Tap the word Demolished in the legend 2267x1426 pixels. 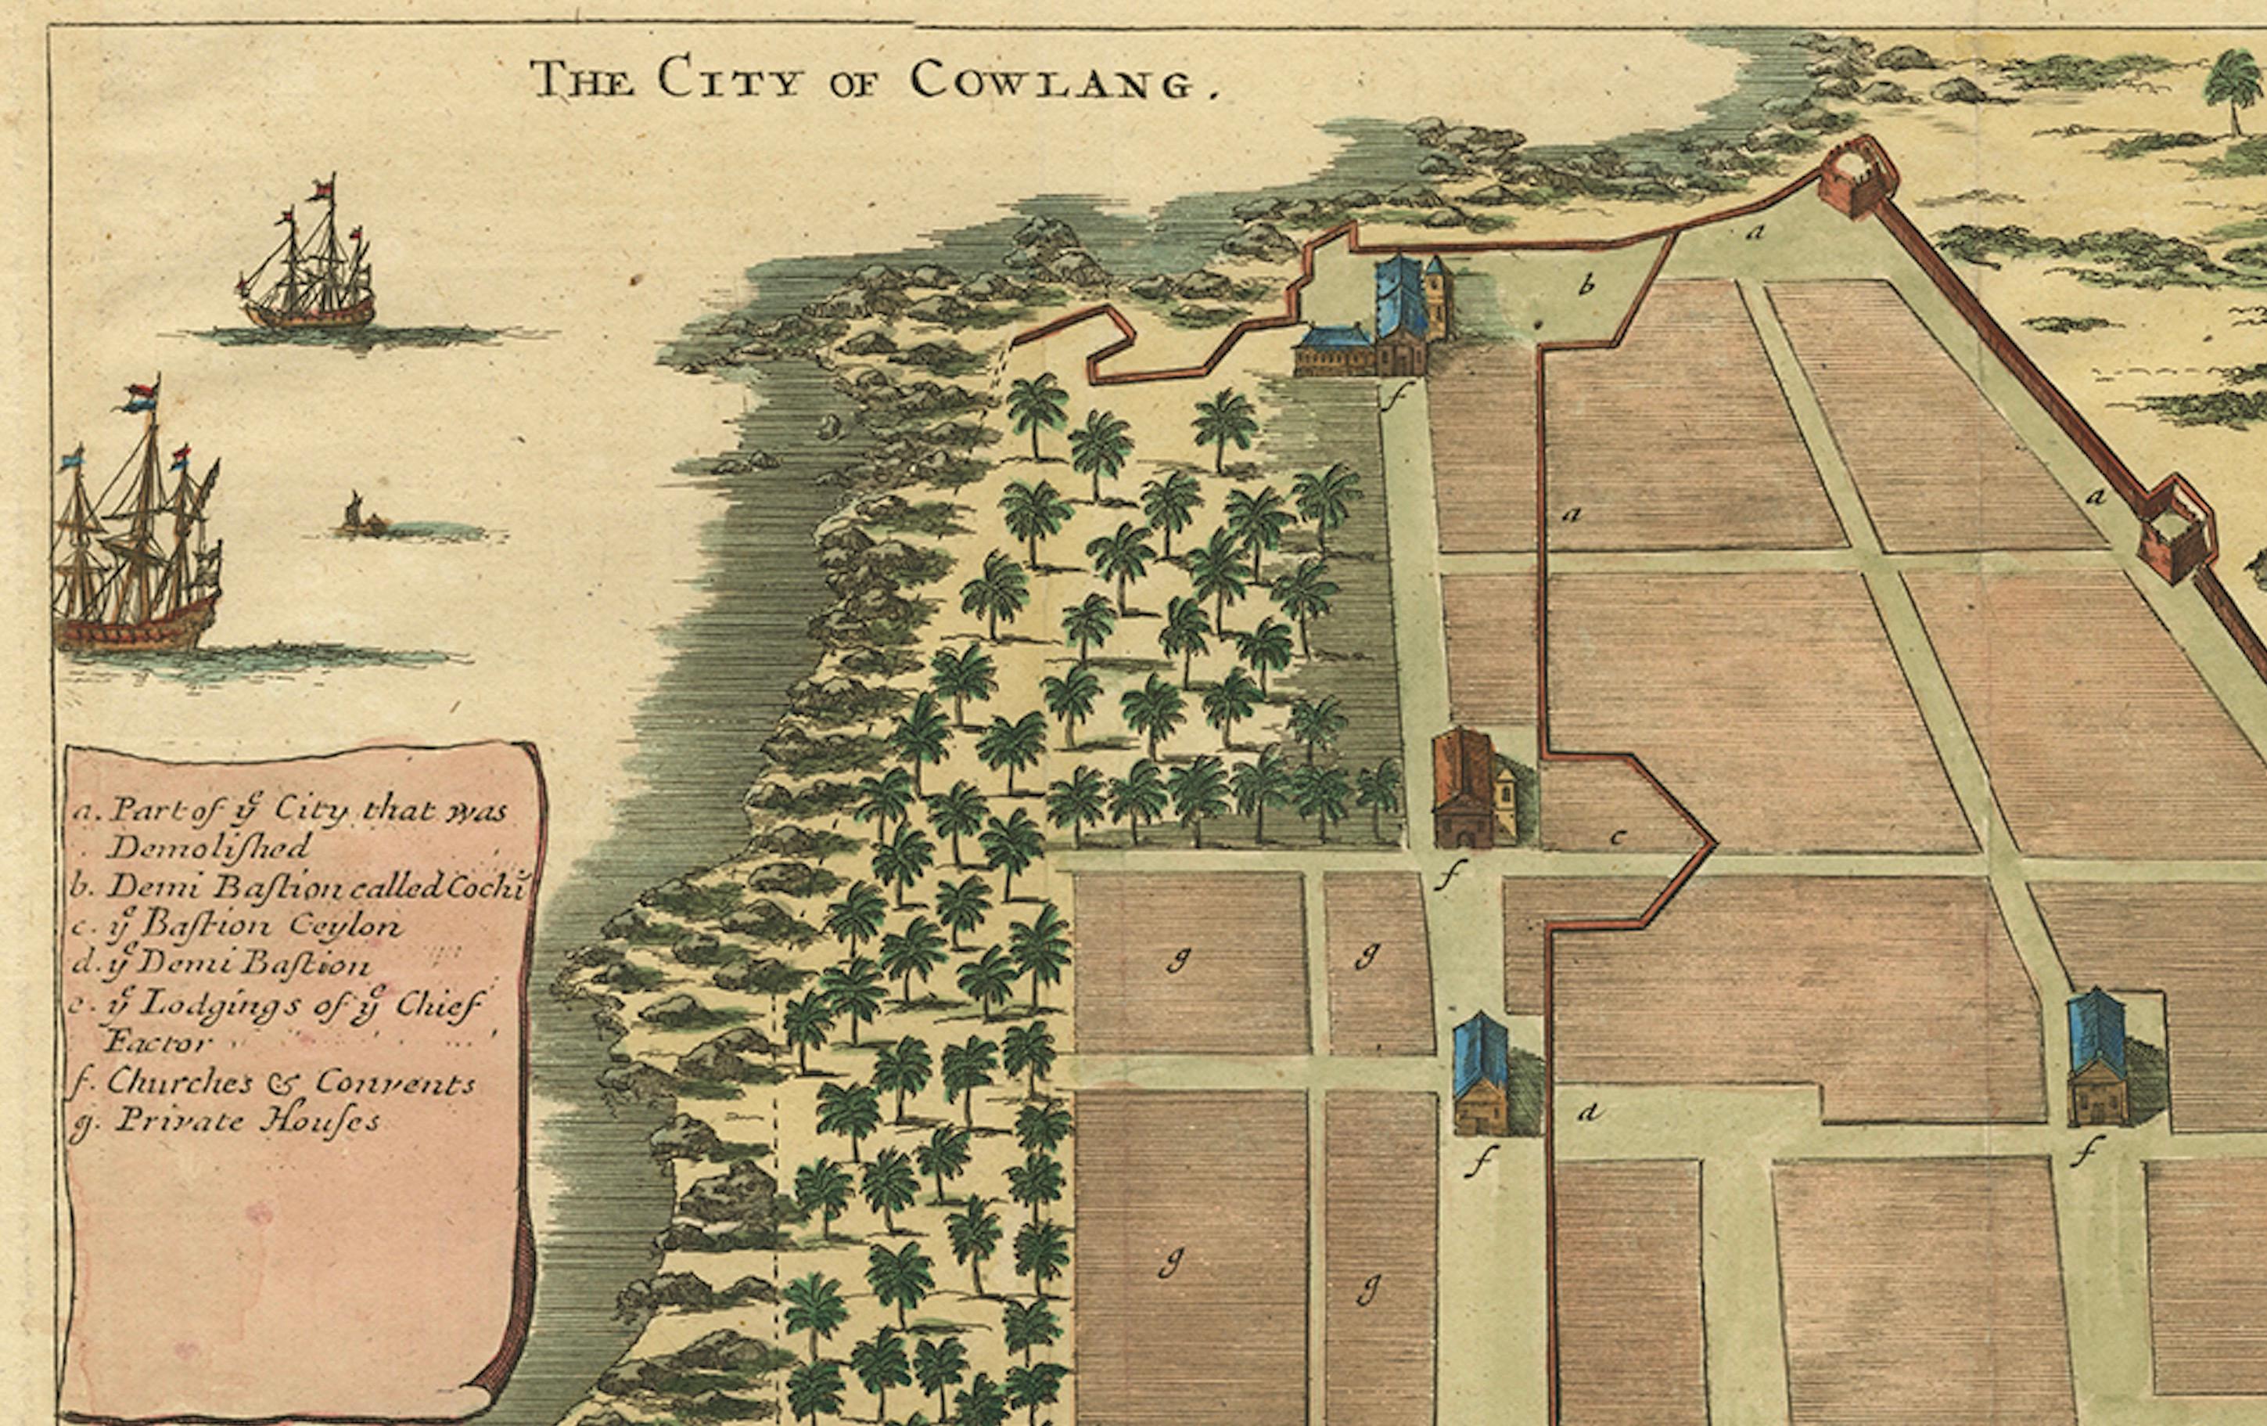208,847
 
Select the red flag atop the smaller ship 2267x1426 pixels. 325,185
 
